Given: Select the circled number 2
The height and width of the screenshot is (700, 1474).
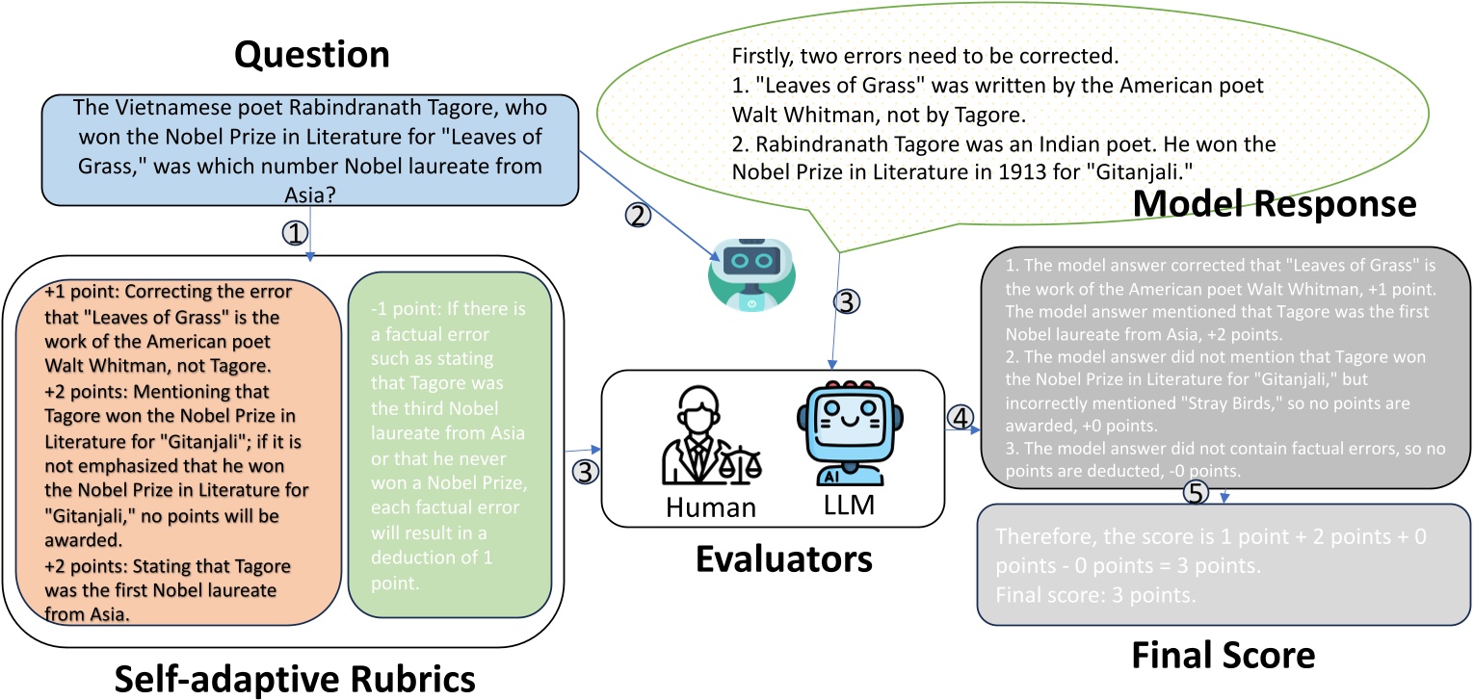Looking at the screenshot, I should (637, 216).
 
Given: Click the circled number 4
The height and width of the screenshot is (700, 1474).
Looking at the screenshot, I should (958, 418).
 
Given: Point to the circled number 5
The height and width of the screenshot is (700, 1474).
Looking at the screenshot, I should (1195, 493).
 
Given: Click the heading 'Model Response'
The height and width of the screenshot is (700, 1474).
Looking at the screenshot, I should (1274, 204).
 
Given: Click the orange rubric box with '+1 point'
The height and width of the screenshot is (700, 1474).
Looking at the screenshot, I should (178, 451).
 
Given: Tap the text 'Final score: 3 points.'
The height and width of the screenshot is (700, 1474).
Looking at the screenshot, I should (1094, 595).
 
